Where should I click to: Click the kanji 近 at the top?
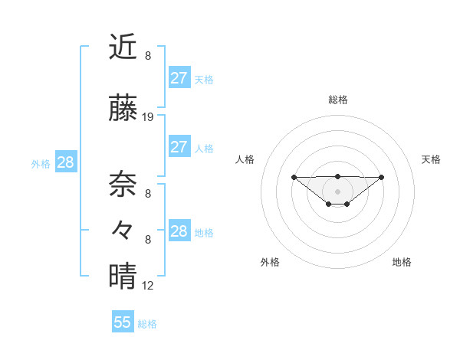(123, 47)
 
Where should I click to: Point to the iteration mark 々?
(123, 228)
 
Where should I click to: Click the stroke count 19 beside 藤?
(148, 117)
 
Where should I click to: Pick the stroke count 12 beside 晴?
(148, 286)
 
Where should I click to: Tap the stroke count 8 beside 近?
(148, 56)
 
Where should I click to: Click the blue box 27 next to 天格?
(179, 78)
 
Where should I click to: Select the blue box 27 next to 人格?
(179, 147)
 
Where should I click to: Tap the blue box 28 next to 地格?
(179, 231)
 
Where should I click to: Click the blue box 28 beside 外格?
(65, 162)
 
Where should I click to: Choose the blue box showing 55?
(123, 322)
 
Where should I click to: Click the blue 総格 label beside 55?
(148, 324)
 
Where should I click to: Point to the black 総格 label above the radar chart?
(337, 100)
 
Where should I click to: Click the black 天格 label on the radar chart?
(431, 159)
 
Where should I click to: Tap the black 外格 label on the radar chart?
(270, 262)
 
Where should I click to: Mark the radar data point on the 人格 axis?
(294, 177)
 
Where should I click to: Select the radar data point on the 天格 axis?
(382, 177)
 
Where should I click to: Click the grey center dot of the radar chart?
(337, 191)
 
